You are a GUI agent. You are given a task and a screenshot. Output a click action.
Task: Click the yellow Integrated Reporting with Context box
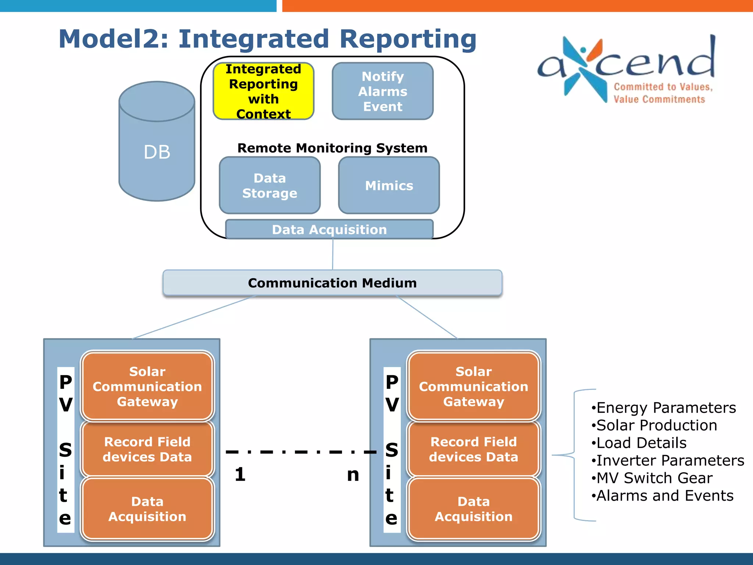(263, 91)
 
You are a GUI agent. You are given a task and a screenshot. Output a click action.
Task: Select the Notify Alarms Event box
(382, 91)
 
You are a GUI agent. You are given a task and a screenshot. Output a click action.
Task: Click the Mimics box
(389, 185)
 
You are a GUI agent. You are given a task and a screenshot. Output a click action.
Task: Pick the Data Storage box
(270, 185)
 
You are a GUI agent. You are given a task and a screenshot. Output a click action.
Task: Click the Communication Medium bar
(332, 283)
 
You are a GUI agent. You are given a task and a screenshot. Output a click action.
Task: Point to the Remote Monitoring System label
(332, 148)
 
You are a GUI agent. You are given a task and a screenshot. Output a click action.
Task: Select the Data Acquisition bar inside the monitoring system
(329, 230)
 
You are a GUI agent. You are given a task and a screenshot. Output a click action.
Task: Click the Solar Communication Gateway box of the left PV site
(147, 386)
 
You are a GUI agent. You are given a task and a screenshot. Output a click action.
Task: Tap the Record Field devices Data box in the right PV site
(473, 449)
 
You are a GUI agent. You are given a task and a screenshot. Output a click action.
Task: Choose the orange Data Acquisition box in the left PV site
(147, 509)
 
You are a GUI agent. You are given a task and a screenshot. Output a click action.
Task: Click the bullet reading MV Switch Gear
(654, 478)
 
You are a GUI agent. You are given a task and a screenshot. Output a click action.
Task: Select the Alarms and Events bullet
(664, 495)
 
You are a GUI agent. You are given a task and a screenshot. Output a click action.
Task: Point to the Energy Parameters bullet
(665, 408)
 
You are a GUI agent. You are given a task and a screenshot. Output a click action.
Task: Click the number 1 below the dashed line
(240, 474)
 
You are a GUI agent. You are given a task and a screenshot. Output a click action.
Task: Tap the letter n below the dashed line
(353, 475)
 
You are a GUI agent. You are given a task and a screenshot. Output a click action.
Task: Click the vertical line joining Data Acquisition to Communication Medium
(333, 254)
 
